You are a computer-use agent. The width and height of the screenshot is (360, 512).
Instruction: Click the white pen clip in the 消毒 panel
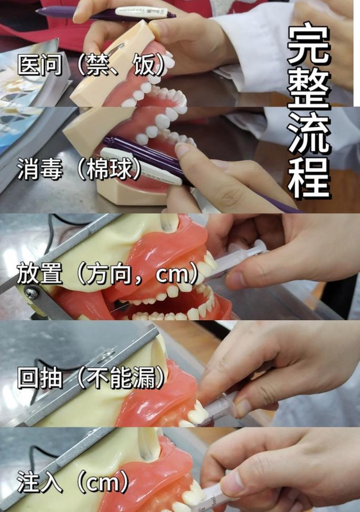141,166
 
